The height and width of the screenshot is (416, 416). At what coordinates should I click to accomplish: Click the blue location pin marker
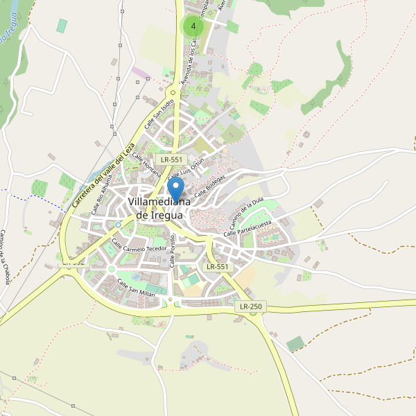pyautogui.click(x=176, y=189)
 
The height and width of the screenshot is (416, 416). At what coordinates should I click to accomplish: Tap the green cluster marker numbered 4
pyautogui.click(x=193, y=26)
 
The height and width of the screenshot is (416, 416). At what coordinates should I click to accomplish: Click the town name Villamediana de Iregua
pyautogui.click(x=155, y=209)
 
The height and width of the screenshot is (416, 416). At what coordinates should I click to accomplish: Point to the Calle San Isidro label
pyautogui.click(x=159, y=114)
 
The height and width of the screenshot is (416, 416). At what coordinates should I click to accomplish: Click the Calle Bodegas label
pyautogui.click(x=209, y=185)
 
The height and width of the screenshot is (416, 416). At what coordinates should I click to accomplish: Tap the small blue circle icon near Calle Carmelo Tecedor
pyautogui.click(x=118, y=225)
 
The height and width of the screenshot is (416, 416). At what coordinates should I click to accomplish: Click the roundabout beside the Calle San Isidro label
pyautogui.click(x=172, y=91)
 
